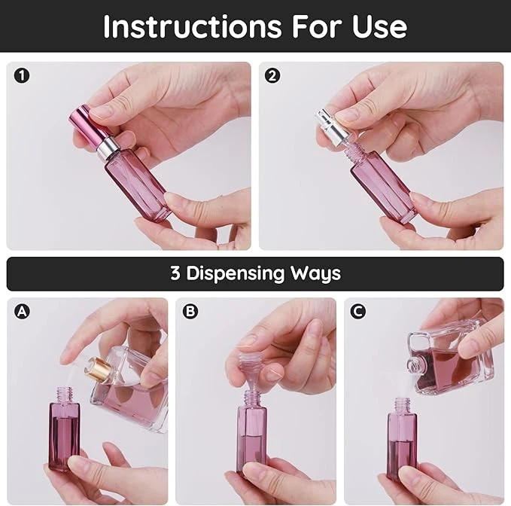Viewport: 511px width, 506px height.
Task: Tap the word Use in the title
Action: (x=379, y=26)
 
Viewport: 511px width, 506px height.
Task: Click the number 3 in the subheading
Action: (x=175, y=273)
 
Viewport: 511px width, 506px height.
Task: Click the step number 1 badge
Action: (x=21, y=75)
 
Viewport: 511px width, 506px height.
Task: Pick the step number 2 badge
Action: (x=272, y=75)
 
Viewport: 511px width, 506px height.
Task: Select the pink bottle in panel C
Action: (x=402, y=440)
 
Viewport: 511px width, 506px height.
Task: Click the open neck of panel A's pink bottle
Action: (x=64, y=393)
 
